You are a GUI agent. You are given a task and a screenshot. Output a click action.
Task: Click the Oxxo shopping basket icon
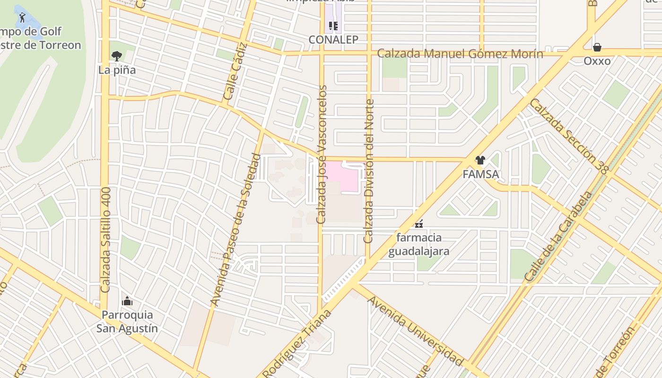click(x=597, y=47)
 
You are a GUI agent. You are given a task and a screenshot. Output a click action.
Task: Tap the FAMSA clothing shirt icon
click(x=480, y=160)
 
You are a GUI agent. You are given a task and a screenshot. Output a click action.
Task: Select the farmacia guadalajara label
click(x=418, y=244)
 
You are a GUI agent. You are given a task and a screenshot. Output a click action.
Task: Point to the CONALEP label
click(x=333, y=40)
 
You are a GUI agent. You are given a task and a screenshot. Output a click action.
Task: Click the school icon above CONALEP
click(x=333, y=26)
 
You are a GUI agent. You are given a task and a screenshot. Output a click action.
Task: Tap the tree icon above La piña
click(x=116, y=56)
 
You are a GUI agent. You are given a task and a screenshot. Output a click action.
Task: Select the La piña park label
click(x=117, y=70)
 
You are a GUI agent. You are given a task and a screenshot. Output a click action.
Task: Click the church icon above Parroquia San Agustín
click(x=127, y=301)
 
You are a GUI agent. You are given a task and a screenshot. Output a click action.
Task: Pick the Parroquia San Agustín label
click(x=127, y=321)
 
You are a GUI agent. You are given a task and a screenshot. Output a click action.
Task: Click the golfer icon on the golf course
click(x=22, y=18)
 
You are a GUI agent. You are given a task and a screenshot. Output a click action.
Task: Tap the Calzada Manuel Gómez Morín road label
click(x=460, y=53)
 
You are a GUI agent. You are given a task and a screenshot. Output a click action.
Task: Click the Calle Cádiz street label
click(x=235, y=71)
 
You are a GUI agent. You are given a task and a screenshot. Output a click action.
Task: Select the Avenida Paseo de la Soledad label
click(x=235, y=229)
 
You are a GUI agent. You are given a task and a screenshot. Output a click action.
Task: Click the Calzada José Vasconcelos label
click(x=322, y=155)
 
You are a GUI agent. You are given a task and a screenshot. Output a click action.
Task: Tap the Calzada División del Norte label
click(x=369, y=171)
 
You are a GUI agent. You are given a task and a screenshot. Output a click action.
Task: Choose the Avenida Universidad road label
click(x=415, y=331)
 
